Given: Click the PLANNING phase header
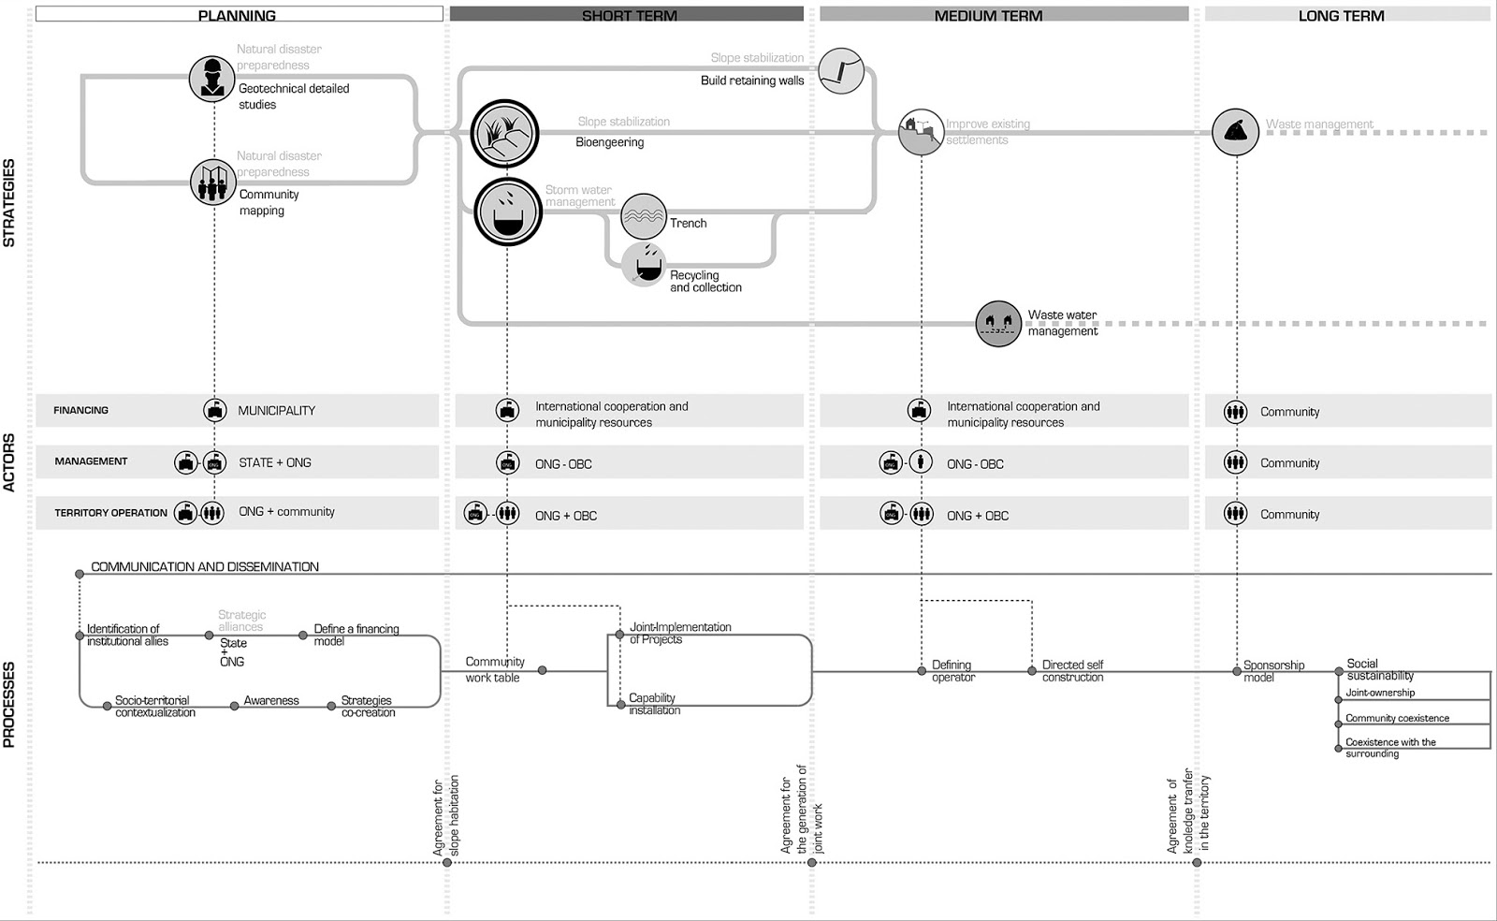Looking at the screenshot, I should (x=237, y=14).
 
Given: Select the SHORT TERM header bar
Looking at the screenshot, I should (x=627, y=14).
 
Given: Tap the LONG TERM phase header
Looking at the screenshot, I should (x=1341, y=14).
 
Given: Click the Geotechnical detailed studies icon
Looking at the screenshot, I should (x=211, y=79).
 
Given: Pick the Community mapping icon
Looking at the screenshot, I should (x=212, y=183).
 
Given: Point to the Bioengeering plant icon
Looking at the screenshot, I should (x=505, y=133).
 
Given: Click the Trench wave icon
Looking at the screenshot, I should (x=644, y=216).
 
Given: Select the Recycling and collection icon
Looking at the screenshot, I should (x=645, y=265).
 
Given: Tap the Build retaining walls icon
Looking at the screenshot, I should (x=840, y=71).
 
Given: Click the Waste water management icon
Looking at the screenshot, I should (x=998, y=324).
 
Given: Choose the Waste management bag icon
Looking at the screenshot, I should (x=1235, y=132).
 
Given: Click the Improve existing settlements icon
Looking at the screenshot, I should (x=921, y=131).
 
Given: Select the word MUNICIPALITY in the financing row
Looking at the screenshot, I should (x=276, y=411).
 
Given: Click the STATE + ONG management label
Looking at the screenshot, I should (x=274, y=462).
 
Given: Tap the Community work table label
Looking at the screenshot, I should (x=494, y=669).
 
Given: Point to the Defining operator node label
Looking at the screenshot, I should (x=952, y=671).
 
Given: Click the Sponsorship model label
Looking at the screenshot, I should (x=1272, y=671).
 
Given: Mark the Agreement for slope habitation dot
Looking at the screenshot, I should (x=447, y=862).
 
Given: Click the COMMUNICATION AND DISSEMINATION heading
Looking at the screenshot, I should (x=205, y=567).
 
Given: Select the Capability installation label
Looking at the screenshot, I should (x=654, y=704).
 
